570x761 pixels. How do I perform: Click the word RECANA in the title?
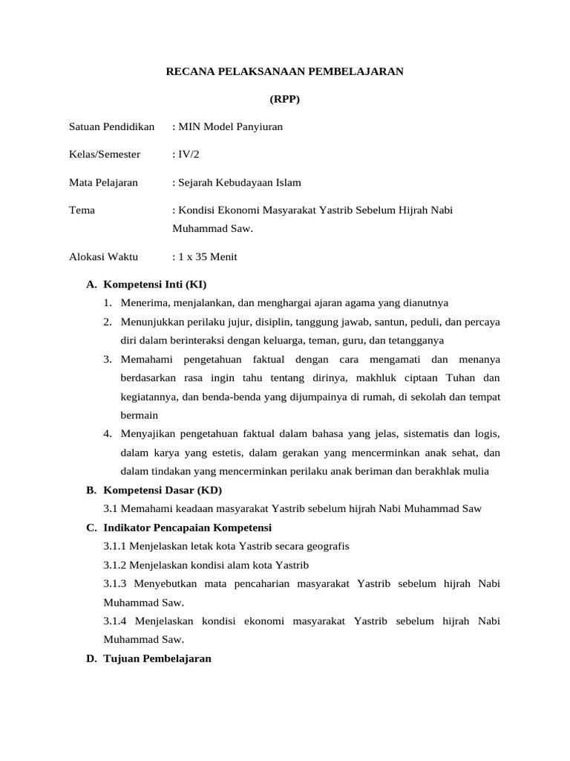coord(188,71)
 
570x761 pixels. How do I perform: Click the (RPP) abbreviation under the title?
coord(284,99)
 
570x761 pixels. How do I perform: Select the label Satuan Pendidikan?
coord(111,127)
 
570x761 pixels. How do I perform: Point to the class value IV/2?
coord(189,155)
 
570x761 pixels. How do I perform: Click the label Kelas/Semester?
coord(105,155)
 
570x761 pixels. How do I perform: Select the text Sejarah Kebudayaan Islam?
coord(236,183)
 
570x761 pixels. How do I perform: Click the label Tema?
coord(82,210)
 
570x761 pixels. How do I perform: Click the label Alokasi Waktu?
coord(103,257)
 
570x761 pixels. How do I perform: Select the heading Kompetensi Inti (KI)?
coord(155,285)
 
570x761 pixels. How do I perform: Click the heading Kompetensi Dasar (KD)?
coord(163,490)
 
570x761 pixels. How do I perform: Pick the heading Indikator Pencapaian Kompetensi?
coord(188,528)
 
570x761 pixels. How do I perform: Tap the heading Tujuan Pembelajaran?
coord(157,658)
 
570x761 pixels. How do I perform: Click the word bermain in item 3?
coord(140,415)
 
